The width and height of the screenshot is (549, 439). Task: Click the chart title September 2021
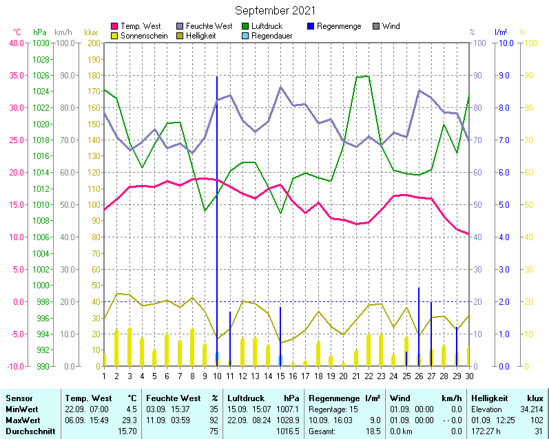tap(275, 10)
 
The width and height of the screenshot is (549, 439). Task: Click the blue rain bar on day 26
tap(419, 323)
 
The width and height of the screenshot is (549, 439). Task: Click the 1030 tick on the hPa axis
tap(41, 43)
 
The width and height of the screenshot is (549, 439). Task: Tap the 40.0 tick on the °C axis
tap(15, 43)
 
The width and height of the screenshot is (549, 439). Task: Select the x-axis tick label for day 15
tap(280, 376)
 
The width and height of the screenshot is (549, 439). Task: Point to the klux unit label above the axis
tap(90, 32)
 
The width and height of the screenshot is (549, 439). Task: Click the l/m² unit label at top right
tap(501, 32)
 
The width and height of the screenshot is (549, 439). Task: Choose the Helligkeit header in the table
tap(489, 398)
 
